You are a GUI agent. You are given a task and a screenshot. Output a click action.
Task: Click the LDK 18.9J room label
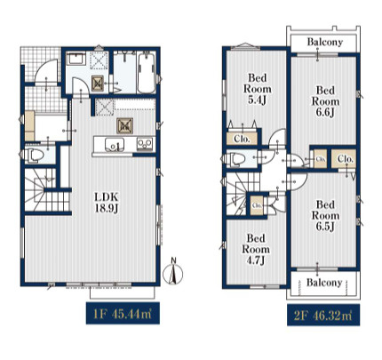coord(107,203)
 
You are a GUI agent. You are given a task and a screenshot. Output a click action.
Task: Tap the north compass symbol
coord(173,271)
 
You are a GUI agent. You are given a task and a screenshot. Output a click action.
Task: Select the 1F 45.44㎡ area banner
coord(123,314)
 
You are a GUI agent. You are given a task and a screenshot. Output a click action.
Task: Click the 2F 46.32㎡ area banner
coord(323,315)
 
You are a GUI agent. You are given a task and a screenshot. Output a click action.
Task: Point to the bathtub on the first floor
coord(147,72)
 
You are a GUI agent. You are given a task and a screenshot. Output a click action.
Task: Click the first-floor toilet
coord(35,155)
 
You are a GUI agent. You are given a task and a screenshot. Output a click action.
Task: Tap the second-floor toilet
coord(238,159)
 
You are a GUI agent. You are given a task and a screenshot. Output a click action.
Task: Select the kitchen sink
coord(114,145)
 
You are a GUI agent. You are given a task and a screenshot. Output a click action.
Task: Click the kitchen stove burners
coord(145,145)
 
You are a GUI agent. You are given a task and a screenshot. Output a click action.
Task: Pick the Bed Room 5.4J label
coord(258,89)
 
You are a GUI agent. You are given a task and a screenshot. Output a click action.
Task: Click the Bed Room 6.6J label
coord(325,101)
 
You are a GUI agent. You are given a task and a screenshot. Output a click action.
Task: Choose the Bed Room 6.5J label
coord(325,216)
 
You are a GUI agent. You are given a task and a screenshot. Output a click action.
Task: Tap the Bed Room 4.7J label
coord(256,249)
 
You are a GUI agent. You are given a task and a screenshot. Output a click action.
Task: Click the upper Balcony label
coord(324,42)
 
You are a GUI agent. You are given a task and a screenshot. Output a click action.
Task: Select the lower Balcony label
coord(324,283)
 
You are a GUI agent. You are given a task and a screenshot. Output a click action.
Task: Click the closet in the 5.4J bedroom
coord(242,139)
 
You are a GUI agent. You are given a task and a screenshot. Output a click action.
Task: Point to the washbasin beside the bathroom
coord(76,60)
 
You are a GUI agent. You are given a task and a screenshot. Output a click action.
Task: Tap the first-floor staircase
coord(47,190)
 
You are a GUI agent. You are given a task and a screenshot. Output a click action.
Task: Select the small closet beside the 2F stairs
coord(257,205)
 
